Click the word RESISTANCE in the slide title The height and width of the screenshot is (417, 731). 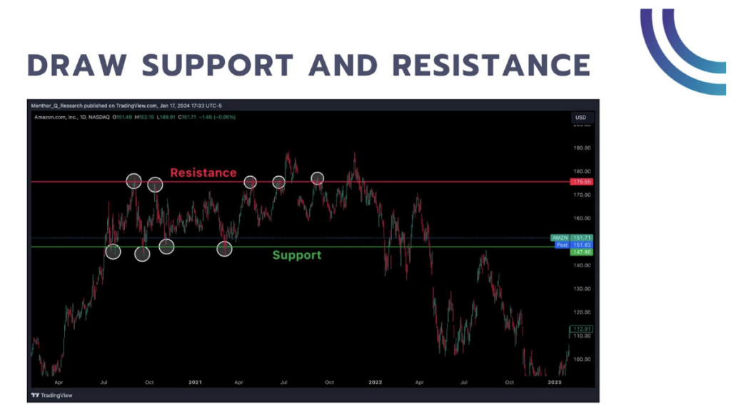pos(491,65)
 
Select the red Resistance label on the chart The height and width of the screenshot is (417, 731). pos(203,173)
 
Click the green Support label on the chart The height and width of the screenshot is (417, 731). pos(296,255)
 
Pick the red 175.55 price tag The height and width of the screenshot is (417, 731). pos(582,182)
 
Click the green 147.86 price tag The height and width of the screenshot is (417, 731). pos(582,252)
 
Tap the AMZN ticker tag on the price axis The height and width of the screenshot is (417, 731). pos(559,237)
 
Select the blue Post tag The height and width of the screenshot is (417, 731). pos(562,244)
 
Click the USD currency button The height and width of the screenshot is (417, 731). pos(580,118)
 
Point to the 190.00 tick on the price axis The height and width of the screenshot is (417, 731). pos(582,148)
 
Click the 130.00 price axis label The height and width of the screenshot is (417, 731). pos(582,289)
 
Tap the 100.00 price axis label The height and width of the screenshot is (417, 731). pos(582,359)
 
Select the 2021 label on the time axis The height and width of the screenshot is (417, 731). pos(195,383)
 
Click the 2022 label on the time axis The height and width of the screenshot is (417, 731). pos(375,383)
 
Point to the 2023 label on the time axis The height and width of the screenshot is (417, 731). pos(554,383)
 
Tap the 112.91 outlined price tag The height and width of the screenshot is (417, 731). pos(582,329)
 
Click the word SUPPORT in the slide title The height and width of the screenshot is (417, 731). pos(218,65)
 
